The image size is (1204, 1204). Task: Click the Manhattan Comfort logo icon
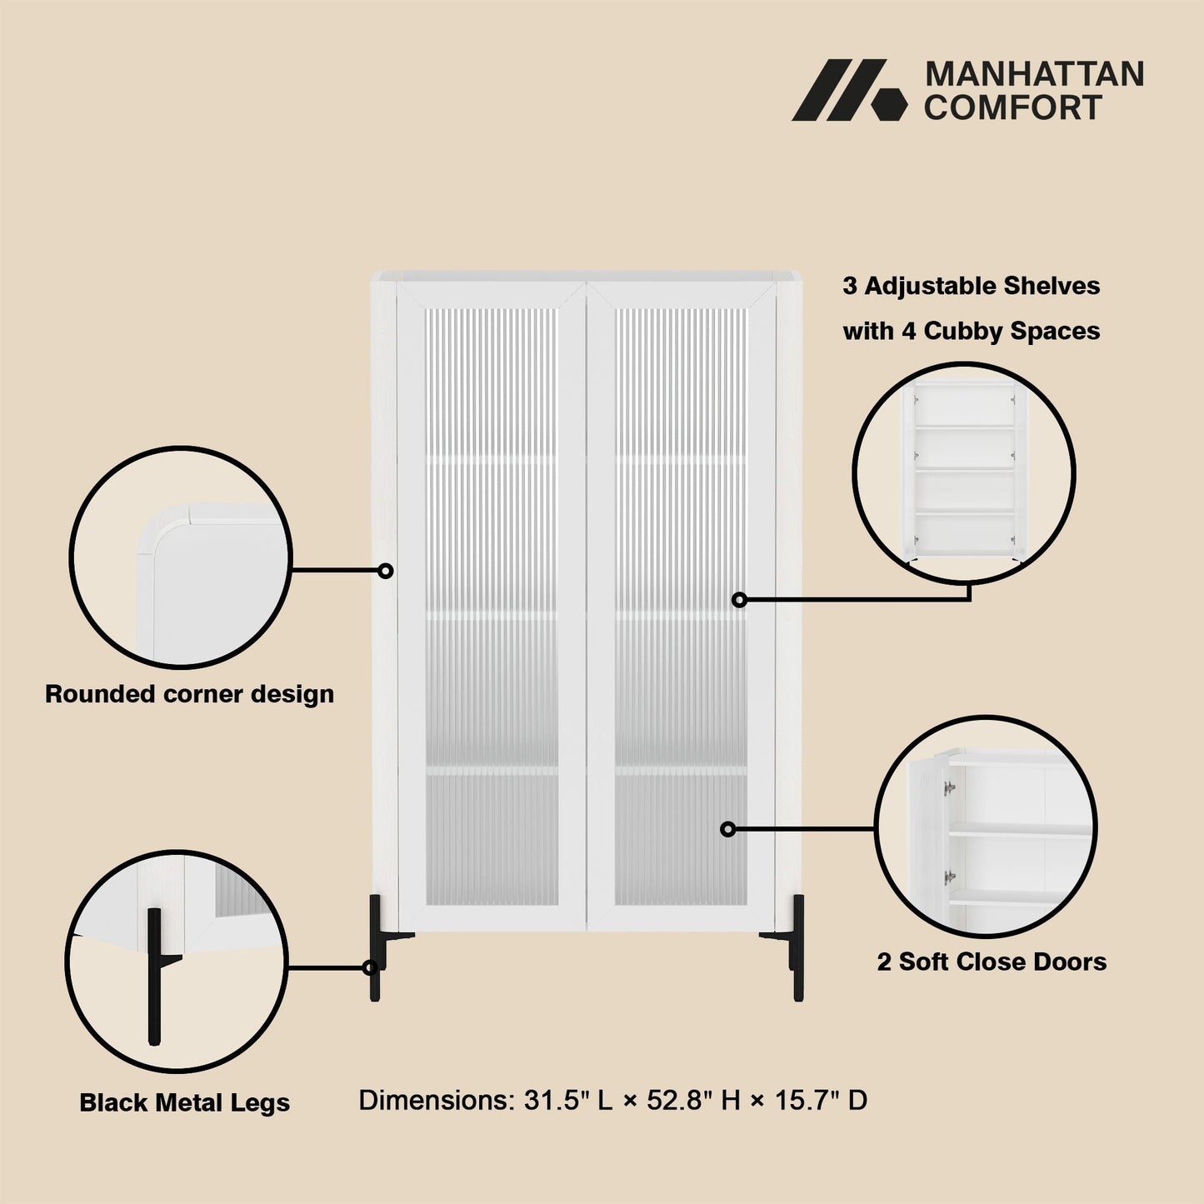(x=849, y=90)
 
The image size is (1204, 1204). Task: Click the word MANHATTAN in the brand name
(x=1034, y=74)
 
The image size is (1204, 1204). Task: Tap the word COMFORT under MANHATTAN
(x=1013, y=107)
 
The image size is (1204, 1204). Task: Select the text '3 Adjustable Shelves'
(x=971, y=286)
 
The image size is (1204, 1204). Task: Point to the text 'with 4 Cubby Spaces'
(x=971, y=331)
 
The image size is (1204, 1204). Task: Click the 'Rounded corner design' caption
(x=189, y=694)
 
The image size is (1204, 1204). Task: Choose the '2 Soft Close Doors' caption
(x=992, y=962)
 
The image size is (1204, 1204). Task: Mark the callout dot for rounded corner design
(x=386, y=571)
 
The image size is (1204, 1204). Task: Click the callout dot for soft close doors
(x=728, y=829)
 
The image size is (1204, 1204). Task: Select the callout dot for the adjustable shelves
(x=739, y=600)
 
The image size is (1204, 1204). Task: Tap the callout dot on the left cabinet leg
(x=370, y=968)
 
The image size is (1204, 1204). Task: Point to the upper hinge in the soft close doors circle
(x=950, y=788)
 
